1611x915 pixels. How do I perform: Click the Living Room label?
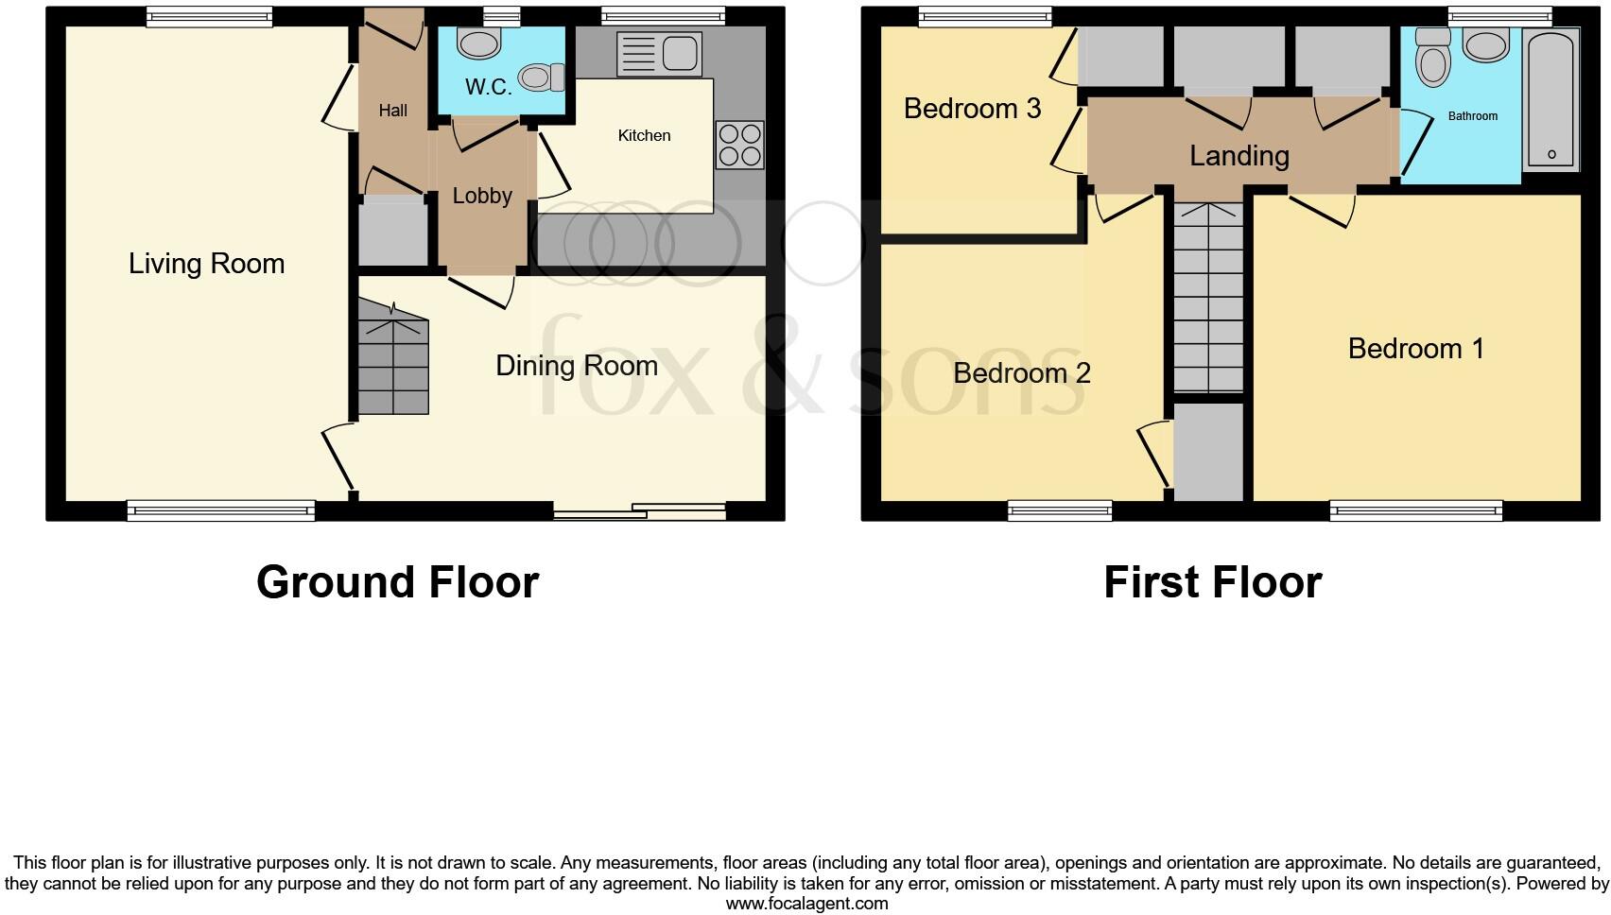(206, 264)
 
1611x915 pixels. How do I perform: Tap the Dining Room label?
(576, 366)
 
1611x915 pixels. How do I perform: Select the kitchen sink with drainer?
(658, 53)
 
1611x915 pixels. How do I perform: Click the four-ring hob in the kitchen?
(739, 146)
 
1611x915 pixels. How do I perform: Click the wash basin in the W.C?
(478, 43)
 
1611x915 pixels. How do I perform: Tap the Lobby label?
(482, 196)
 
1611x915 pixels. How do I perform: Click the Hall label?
(392, 111)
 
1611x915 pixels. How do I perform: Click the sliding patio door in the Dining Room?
(640, 511)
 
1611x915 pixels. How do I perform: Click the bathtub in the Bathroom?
(1551, 99)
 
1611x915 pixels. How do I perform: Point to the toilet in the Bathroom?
(1433, 59)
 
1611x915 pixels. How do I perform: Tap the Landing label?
(1239, 156)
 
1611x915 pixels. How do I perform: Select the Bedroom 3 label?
(972, 109)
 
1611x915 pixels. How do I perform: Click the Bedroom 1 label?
(1415, 349)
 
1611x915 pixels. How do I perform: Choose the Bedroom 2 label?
(1021, 373)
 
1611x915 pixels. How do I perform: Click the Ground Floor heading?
(397, 582)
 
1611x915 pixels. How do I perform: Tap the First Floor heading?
(1212, 582)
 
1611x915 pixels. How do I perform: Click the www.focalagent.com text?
(806, 904)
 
